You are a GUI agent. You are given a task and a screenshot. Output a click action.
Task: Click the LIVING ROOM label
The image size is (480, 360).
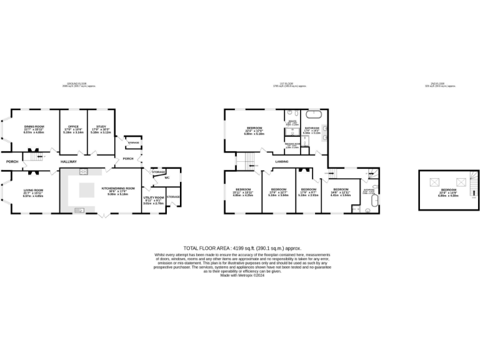(33, 191)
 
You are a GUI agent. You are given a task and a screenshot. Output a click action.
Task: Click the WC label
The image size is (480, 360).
(167, 178)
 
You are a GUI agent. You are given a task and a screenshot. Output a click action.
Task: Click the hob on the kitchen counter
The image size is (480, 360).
(82, 171)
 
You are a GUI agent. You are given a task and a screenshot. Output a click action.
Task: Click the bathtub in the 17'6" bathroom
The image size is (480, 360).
(312, 116)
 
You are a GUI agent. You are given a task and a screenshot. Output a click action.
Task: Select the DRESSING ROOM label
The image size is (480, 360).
(292, 145)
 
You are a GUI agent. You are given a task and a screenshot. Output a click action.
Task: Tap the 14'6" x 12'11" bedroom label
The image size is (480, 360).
(341, 191)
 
